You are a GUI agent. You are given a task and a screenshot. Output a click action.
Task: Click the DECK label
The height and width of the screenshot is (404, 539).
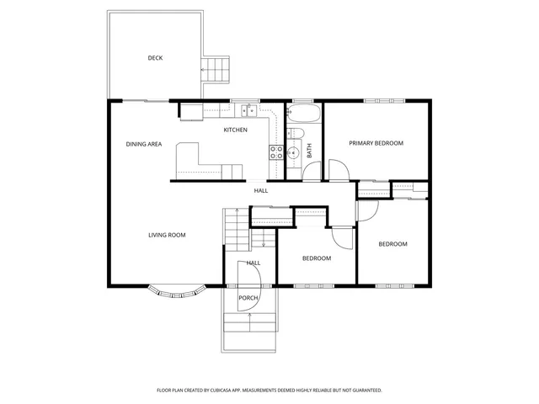click(x=155, y=58)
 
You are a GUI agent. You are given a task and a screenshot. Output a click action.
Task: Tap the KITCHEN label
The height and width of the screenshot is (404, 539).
click(x=235, y=130)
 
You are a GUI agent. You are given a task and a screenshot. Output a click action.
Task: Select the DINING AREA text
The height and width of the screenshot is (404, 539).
click(x=144, y=145)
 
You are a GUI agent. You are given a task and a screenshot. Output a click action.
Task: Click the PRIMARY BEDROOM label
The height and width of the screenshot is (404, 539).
click(x=376, y=143)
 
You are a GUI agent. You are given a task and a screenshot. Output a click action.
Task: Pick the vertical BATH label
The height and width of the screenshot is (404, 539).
click(x=309, y=151)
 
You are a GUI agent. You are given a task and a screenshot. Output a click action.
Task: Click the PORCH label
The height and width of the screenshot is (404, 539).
click(x=248, y=298)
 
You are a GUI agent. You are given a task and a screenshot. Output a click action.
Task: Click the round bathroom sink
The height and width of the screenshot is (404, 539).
click(x=292, y=153)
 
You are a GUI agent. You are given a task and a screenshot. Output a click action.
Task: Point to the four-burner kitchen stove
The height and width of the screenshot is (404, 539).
click(x=275, y=152)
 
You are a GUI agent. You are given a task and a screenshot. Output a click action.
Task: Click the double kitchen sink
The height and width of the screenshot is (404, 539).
click(x=249, y=110)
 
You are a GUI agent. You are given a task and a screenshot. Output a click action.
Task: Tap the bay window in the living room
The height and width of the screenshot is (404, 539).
click(x=178, y=293)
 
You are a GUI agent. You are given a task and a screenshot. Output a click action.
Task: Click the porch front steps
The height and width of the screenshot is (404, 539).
click(x=250, y=332)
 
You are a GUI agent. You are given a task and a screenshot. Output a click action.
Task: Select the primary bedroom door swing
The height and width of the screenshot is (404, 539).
click(x=336, y=171)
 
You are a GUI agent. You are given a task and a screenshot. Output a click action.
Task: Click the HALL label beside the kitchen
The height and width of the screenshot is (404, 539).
click(x=261, y=191)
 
